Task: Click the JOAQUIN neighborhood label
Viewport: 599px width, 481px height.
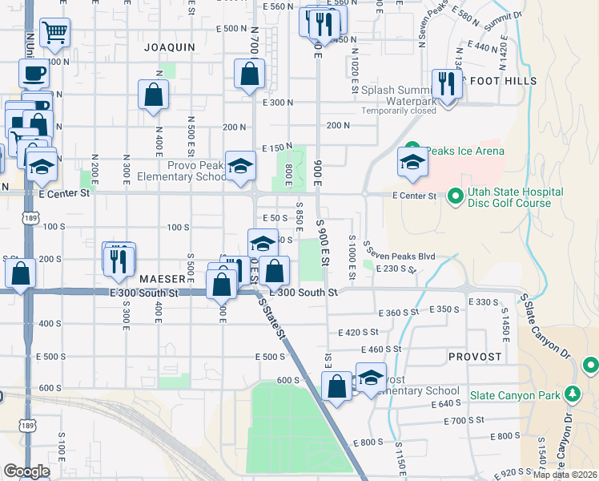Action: coord(169,47)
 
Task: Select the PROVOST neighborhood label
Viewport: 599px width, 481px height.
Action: coord(474,357)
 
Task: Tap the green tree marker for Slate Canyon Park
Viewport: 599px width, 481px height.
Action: coord(573,394)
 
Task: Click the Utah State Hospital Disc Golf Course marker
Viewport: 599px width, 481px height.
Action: coord(454,196)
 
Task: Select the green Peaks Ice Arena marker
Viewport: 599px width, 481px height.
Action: coord(412,150)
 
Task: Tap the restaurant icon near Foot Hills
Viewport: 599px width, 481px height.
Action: coord(447,83)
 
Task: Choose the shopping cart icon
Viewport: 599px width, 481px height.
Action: coord(55,33)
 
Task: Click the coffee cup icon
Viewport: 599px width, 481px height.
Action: coord(33,74)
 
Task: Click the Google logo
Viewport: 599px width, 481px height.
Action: coord(26,471)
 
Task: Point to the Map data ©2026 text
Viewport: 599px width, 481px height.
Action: coord(565,475)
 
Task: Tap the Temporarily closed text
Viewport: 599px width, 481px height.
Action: coord(398,111)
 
